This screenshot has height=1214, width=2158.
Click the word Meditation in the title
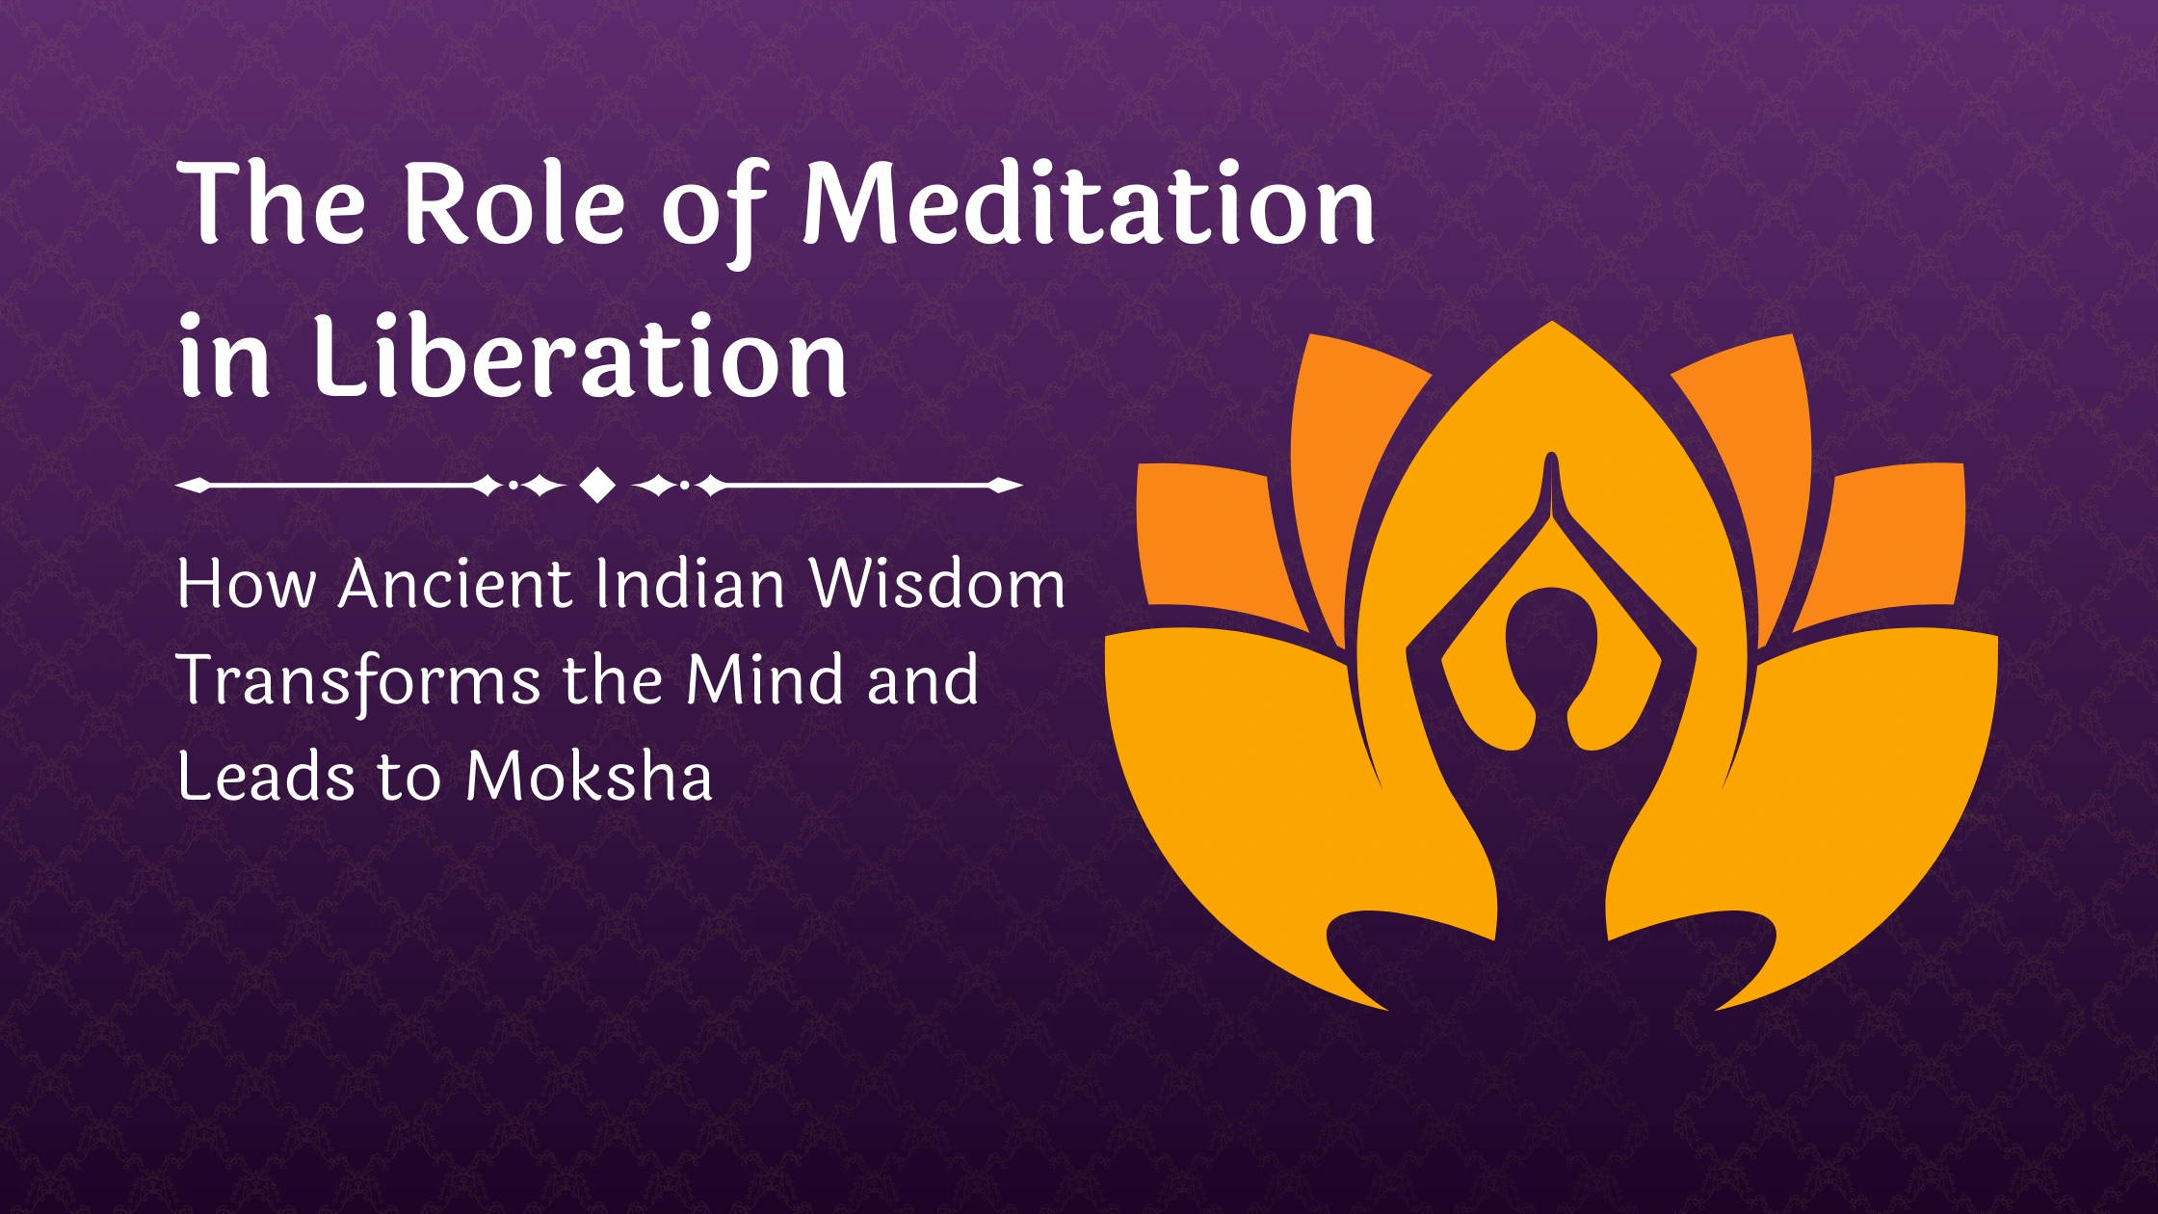1089,204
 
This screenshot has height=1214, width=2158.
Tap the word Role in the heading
512,204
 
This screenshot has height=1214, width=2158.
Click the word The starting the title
273,204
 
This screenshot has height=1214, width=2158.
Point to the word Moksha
589,777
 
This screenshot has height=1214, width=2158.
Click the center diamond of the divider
598,486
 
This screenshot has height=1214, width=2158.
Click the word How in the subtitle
246,585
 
